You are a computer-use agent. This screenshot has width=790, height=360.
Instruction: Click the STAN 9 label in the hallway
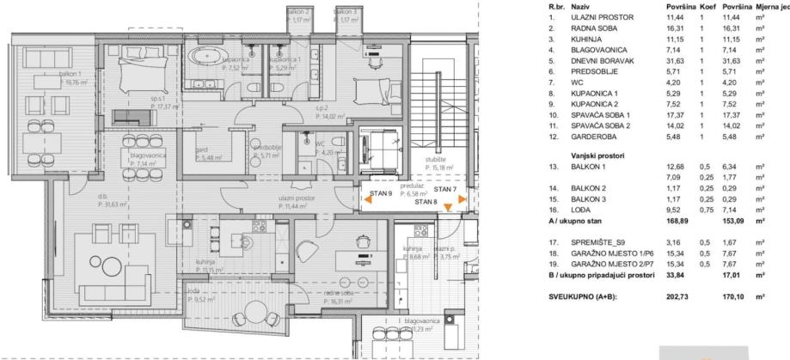(382, 194)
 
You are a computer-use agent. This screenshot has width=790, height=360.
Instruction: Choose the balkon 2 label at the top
(299, 11)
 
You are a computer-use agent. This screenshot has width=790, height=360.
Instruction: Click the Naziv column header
(580, 5)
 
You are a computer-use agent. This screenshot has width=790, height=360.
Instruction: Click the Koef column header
(707, 5)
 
